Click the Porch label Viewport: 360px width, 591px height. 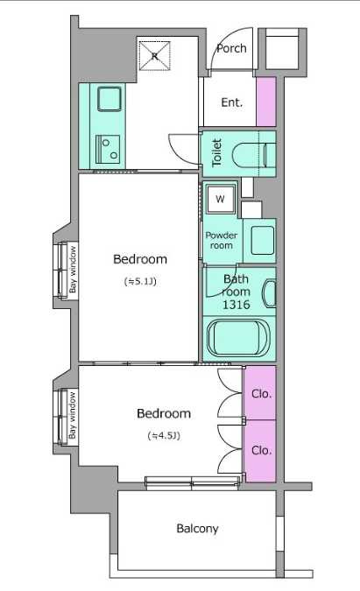pyautogui.click(x=231, y=48)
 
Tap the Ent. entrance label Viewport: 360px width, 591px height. pyautogui.click(x=231, y=102)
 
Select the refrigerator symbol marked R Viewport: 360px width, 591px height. pyautogui.click(x=154, y=56)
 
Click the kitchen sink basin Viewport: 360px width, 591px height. pyautogui.click(x=109, y=99)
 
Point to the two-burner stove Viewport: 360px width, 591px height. pyautogui.click(x=108, y=149)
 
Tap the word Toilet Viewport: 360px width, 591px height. pyautogui.click(x=216, y=153)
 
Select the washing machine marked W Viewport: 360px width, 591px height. pyautogui.click(x=220, y=199)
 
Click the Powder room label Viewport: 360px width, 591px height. pyautogui.click(x=222, y=240)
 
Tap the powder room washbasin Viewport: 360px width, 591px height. pyautogui.click(x=262, y=240)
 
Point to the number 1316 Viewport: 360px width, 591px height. pyautogui.click(x=236, y=305)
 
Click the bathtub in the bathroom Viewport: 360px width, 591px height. pyautogui.click(x=238, y=337)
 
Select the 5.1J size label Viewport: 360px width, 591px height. pyautogui.click(x=140, y=281)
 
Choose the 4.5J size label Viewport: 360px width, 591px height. pyautogui.click(x=164, y=436)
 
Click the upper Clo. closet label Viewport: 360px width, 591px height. pyautogui.click(x=261, y=394)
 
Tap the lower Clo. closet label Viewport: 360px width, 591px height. pyautogui.click(x=261, y=450)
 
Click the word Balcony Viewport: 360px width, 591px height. pyautogui.click(x=198, y=529)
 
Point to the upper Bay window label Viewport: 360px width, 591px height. pyautogui.click(x=73, y=269)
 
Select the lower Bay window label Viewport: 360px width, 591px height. pyautogui.click(x=73, y=415)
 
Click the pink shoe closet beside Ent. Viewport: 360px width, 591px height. pyautogui.click(x=266, y=102)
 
